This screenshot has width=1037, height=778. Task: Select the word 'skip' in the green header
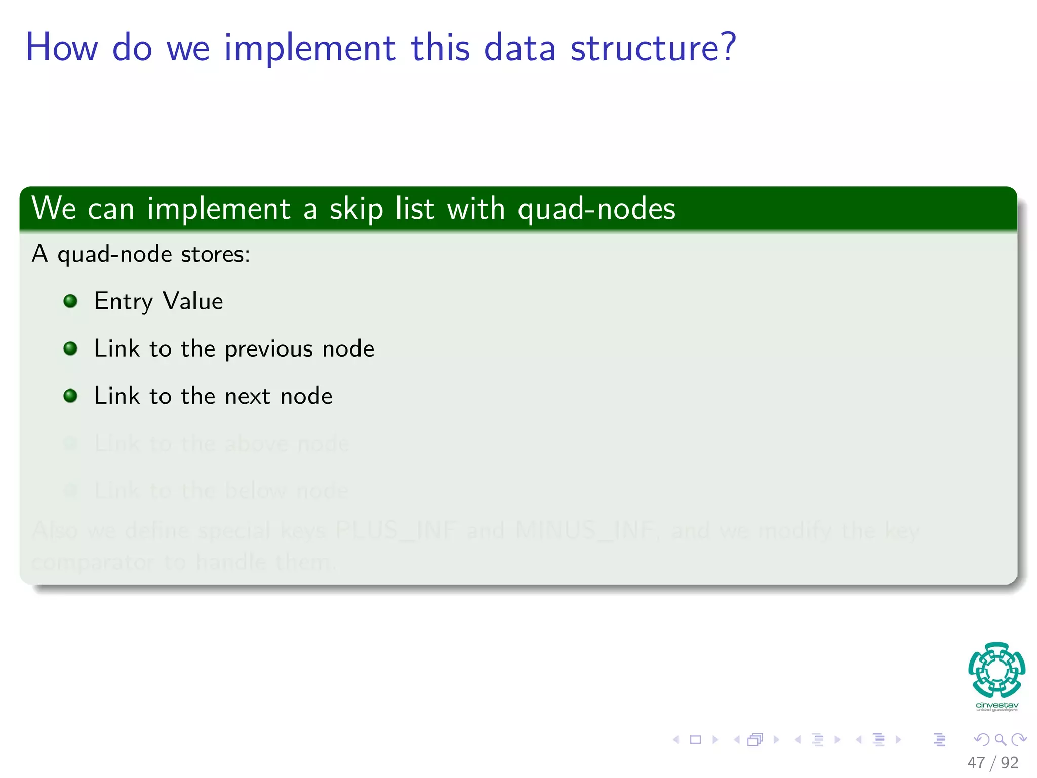(356, 209)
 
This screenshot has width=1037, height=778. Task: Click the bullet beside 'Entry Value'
(70, 301)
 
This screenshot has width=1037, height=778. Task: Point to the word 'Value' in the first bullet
(192, 301)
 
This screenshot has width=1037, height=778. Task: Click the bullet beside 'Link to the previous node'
(70, 348)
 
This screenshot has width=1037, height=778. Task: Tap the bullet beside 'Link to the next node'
(70, 396)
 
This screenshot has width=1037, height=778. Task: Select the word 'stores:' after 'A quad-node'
(216, 254)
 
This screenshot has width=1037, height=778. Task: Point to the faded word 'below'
(255, 491)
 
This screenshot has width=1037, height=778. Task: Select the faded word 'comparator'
(93, 562)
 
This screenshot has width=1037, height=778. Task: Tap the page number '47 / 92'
(992, 762)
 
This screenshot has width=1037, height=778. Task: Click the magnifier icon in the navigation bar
(1000, 740)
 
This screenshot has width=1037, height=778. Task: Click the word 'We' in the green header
(54, 208)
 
